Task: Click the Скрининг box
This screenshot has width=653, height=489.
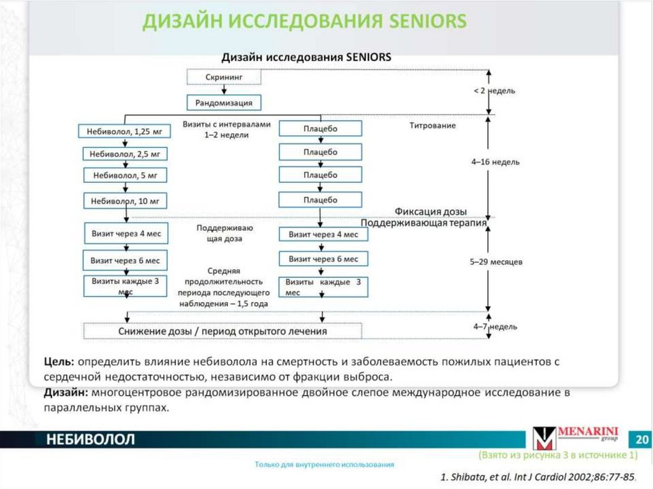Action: (x=224, y=77)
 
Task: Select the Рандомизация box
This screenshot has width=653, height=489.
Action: (x=224, y=102)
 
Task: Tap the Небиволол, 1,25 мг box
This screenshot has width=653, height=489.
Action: (x=124, y=132)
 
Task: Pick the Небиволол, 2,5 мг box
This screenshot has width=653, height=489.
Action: (x=124, y=154)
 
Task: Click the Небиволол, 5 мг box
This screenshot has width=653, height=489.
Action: (x=125, y=175)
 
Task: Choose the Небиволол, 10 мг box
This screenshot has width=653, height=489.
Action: (x=125, y=201)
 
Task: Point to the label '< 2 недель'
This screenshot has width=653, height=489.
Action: (x=494, y=91)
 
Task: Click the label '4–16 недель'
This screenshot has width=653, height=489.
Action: (x=495, y=162)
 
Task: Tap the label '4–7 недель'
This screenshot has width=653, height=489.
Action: (x=495, y=326)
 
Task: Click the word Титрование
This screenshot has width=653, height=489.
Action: (x=432, y=126)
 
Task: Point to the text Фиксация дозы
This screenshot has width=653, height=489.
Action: (x=430, y=212)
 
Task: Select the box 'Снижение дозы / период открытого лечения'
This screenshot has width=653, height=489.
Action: (x=223, y=332)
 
